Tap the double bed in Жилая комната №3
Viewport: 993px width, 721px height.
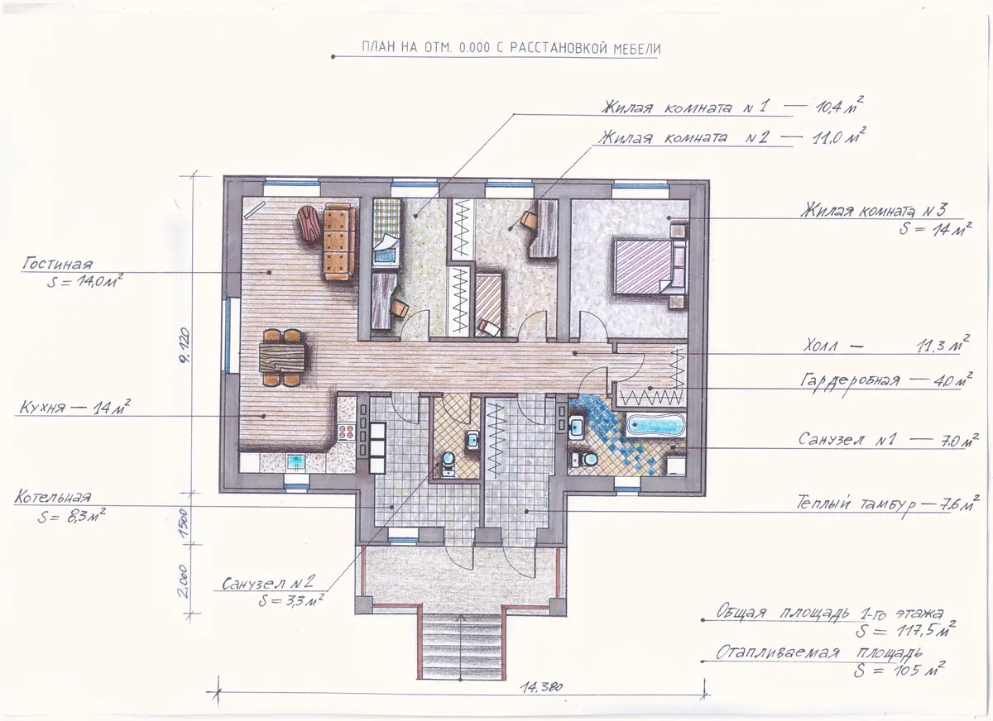pyautogui.click(x=650, y=266)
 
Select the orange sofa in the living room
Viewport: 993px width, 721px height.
pyautogui.click(x=339, y=241)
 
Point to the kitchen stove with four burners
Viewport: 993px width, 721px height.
pyautogui.click(x=346, y=432)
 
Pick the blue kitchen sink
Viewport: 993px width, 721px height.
pyautogui.click(x=295, y=462)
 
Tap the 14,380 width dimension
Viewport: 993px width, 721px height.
pyautogui.click(x=541, y=687)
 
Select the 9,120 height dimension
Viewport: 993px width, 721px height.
pyautogui.click(x=185, y=345)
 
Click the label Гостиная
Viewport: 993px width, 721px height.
pyautogui.click(x=58, y=264)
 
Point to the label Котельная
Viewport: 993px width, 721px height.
pyautogui.click(x=53, y=497)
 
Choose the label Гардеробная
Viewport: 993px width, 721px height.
pyautogui.click(x=850, y=380)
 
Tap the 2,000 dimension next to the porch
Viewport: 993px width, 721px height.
pyautogui.click(x=185, y=581)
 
